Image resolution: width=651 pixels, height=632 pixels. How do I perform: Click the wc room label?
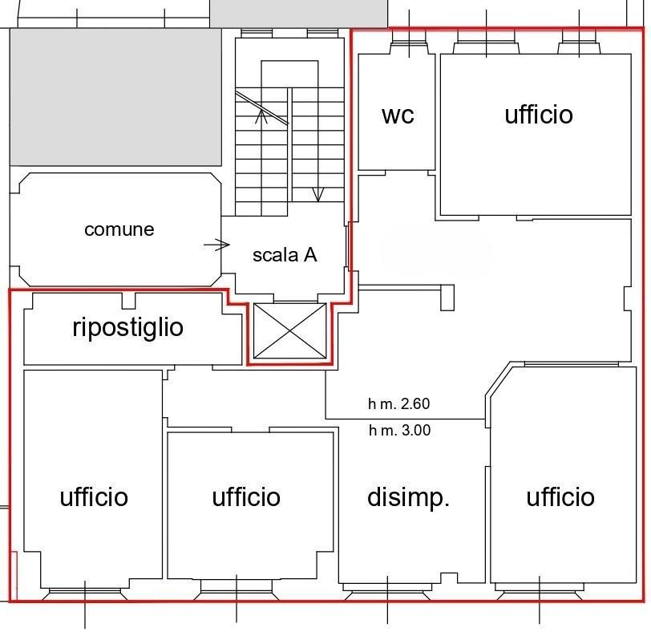[398, 115]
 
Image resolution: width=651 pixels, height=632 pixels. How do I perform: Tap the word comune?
[119, 229]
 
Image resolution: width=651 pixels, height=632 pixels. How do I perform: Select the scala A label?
[285, 254]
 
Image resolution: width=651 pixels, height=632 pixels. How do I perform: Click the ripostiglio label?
[128, 328]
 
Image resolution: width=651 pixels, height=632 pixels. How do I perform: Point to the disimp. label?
[409, 497]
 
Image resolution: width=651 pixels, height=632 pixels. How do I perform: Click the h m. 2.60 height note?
[399, 403]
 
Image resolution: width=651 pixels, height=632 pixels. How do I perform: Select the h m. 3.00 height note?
[399, 430]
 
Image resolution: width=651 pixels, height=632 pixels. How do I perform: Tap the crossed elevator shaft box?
[289, 330]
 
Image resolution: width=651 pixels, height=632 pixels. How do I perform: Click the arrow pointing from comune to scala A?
[216, 245]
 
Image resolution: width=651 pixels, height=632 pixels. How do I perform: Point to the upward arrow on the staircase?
[261, 116]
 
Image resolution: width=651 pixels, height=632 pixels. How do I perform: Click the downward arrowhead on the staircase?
[317, 194]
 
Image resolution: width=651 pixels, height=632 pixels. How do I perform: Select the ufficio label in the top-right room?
[539, 114]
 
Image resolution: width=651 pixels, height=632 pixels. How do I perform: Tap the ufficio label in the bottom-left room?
[94, 496]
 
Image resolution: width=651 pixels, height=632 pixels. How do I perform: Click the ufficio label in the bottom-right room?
[560, 496]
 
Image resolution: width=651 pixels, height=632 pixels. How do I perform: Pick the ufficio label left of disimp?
[246, 496]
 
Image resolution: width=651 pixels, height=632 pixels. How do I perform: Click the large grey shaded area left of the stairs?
[115, 97]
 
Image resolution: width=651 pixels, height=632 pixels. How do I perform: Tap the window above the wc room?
[409, 43]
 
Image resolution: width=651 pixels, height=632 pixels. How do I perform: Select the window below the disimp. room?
[387, 591]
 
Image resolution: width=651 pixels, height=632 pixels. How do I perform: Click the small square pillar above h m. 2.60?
[447, 298]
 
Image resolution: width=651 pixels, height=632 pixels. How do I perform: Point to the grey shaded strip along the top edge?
[298, 14]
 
